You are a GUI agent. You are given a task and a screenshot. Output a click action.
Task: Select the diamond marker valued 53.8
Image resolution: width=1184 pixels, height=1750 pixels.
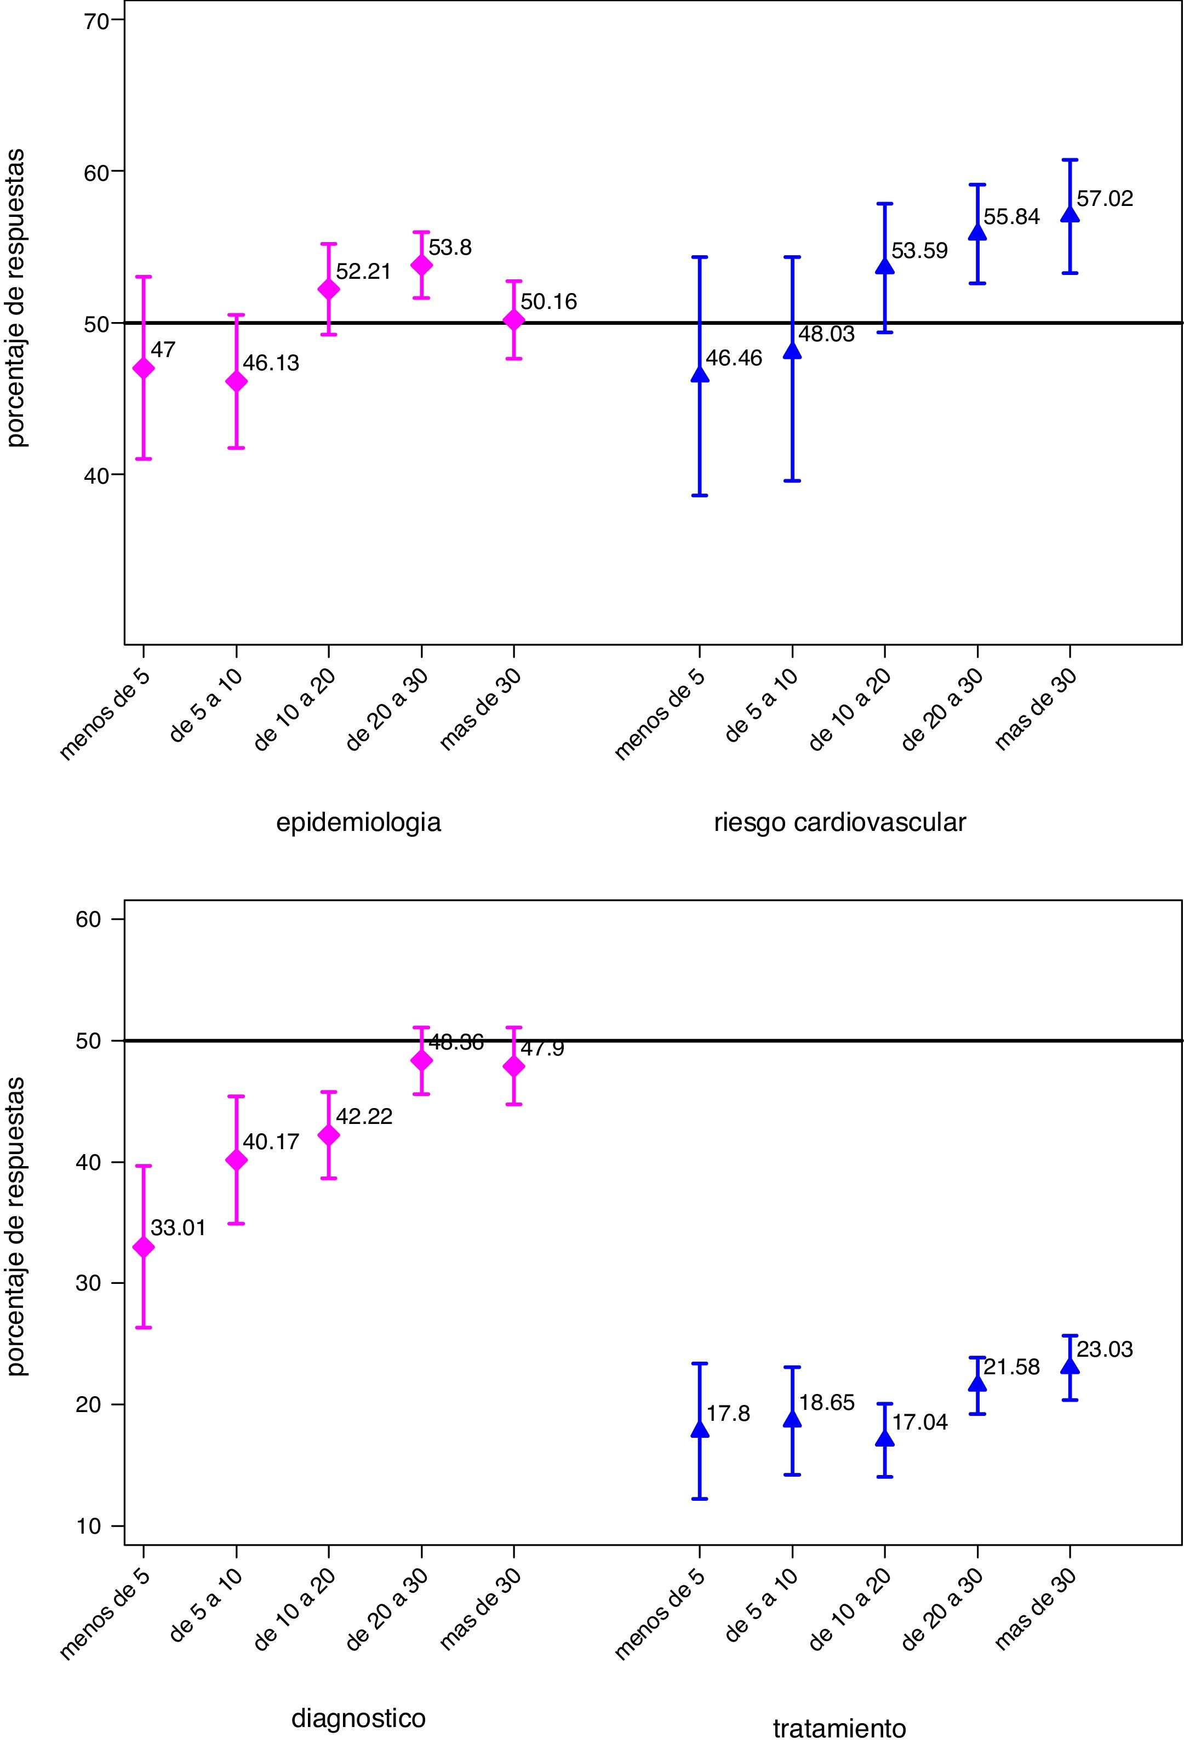(x=421, y=265)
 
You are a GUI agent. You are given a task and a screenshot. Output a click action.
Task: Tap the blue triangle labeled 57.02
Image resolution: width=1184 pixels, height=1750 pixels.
(x=1069, y=215)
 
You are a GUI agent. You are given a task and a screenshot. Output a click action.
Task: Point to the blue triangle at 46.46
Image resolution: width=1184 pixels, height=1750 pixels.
(x=699, y=375)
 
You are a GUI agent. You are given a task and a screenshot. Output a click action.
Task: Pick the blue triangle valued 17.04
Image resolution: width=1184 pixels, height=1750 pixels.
(x=885, y=1438)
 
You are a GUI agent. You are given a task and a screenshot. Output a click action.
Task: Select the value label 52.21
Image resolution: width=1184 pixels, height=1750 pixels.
(x=364, y=272)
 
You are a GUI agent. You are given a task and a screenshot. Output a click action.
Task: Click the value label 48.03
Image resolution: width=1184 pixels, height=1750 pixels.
(x=826, y=334)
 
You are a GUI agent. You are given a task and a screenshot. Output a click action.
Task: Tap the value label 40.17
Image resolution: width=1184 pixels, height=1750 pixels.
(x=271, y=1141)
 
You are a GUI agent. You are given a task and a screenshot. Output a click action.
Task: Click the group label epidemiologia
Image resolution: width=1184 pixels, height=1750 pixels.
(x=358, y=822)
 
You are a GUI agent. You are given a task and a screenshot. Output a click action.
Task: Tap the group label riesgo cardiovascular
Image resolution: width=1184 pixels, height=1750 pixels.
(x=840, y=822)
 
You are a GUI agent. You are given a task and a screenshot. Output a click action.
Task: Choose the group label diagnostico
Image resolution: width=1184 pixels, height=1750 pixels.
(x=358, y=1697)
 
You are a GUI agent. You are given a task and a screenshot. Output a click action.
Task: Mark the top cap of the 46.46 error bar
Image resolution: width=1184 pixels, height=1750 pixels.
(x=699, y=257)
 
